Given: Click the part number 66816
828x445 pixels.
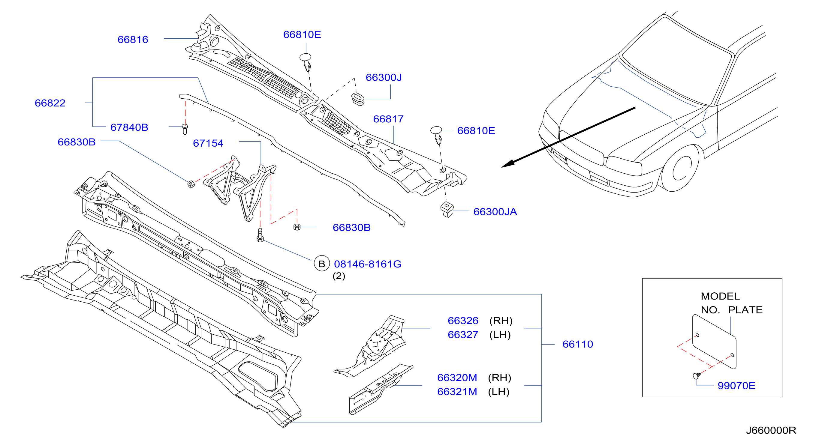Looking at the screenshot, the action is click(x=133, y=40).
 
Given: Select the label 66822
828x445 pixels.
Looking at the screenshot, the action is click(x=50, y=103).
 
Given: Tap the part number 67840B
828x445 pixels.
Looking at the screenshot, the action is click(x=129, y=127).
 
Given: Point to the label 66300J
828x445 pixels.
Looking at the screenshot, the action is click(x=384, y=77).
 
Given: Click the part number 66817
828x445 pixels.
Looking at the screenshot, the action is click(x=388, y=119).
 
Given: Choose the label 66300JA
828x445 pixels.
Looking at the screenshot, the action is click(x=495, y=212).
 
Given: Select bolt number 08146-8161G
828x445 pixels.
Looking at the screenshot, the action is click(x=367, y=264).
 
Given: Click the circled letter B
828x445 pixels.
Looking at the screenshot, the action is click(x=322, y=264).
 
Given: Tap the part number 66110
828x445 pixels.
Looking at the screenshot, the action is click(x=578, y=344).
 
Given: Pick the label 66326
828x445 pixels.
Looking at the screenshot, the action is click(x=463, y=321).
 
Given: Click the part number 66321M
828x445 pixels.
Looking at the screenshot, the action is click(x=457, y=392).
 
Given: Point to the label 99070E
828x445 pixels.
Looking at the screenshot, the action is click(x=736, y=386).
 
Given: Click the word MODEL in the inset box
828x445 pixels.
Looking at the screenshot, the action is click(x=720, y=296).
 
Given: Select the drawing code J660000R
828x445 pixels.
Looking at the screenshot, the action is click(x=771, y=430).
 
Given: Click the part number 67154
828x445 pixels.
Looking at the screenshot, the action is click(x=208, y=143).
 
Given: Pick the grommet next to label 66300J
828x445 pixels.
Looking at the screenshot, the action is click(x=357, y=99).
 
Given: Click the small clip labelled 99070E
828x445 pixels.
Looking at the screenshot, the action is click(x=696, y=375).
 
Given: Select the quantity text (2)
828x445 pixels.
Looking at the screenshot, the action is click(x=339, y=276).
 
